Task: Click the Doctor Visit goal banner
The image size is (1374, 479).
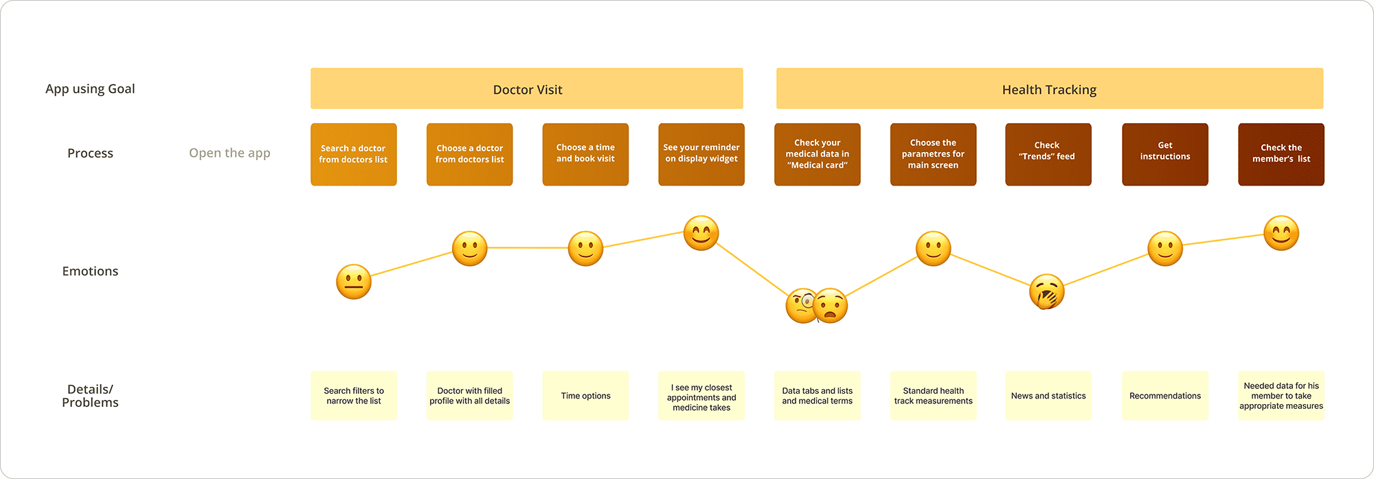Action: (527, 89)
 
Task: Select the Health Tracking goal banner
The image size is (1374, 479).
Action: (1049, 89)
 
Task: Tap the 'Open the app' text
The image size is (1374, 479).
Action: (229, 153)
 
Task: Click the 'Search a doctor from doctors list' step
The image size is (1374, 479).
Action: (353, 154)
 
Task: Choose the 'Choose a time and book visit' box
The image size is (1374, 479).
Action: (585, 154)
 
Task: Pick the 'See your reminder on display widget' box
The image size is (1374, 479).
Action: (701, 154)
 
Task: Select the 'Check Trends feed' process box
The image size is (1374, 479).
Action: (1048, 154)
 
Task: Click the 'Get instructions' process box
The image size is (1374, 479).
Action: (1164, 154)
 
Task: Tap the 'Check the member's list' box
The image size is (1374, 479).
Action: (1281, 154)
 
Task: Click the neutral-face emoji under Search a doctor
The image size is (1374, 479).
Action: (353, 282)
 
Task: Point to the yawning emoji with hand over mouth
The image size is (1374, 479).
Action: (1046, 291)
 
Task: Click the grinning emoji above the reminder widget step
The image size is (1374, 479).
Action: (701, 234)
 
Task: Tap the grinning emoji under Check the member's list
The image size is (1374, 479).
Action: (1281, 234)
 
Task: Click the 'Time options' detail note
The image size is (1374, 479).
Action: (585, 396)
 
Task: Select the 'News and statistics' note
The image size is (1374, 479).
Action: (1048, 396)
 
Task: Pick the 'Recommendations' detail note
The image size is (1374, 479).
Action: (1164, 396)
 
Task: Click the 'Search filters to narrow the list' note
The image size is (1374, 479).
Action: (353, 396)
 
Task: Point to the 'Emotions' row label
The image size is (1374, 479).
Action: (90, 271)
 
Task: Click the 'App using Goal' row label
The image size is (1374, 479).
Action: (90, 89)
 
